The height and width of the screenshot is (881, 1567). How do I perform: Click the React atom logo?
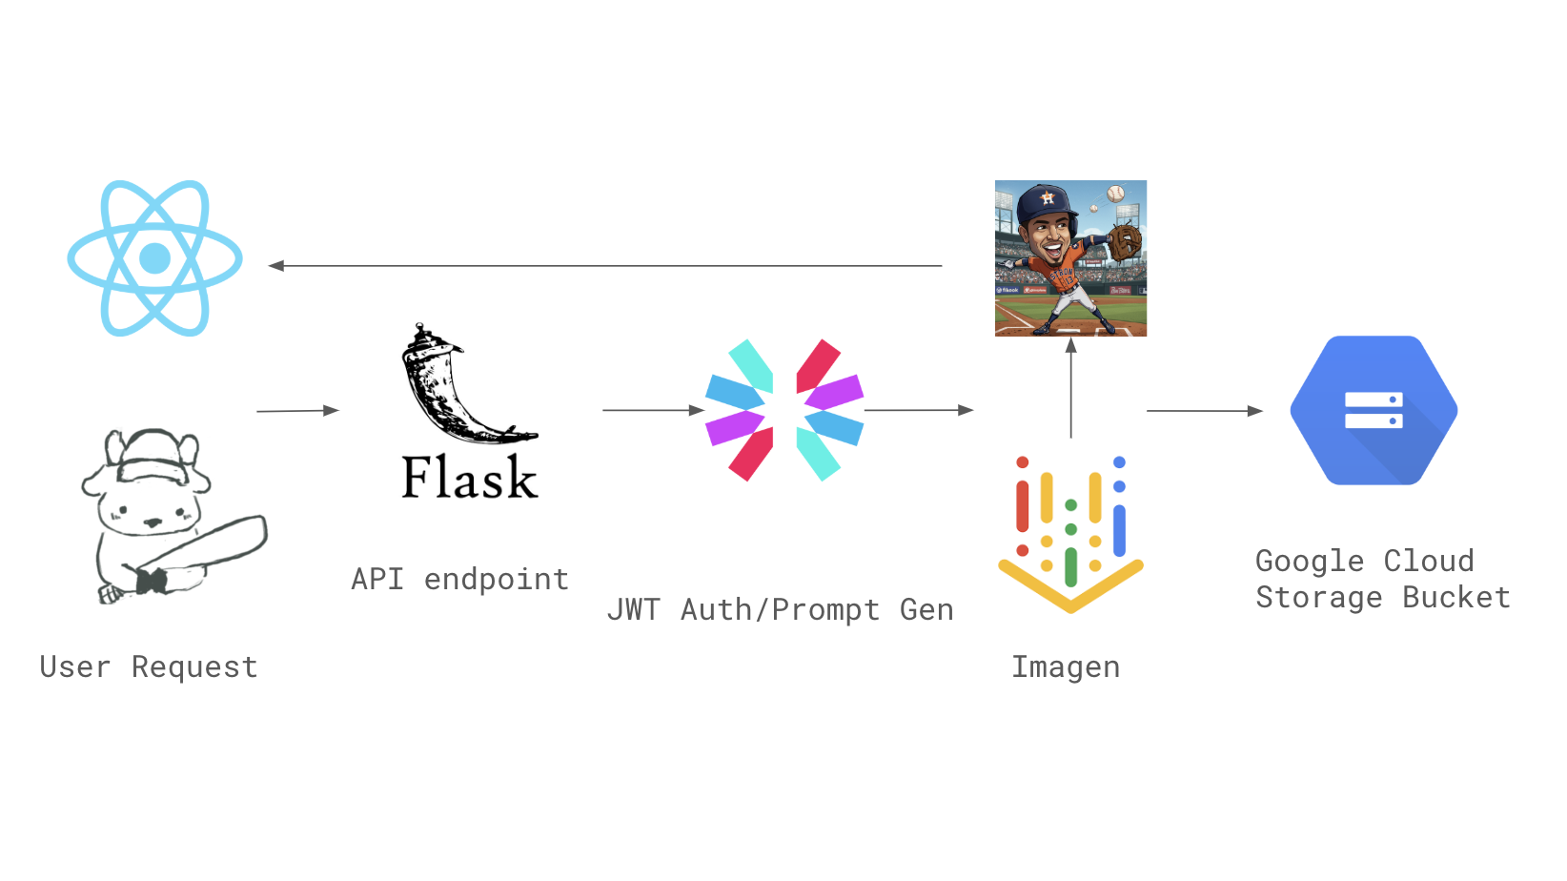[154, 258]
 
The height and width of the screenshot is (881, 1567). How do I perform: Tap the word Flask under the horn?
[469, 478]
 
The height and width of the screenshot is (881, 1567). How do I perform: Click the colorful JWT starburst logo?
[783, 410]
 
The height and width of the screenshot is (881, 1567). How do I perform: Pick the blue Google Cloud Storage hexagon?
[1374, 410]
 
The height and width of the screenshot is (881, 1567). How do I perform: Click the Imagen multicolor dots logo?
[1070, 534]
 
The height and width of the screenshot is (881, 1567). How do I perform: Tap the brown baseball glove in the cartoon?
[1125, 240]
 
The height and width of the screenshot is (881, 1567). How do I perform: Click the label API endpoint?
[459, 579]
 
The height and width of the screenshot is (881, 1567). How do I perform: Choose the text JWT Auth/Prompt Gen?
[780, 609]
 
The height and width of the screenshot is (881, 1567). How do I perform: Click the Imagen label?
[1066, 666]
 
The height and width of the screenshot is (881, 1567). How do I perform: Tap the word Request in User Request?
[194, 666]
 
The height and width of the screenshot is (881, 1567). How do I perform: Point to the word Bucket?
[1455, 598]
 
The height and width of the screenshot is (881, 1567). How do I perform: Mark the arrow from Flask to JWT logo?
[653, 410]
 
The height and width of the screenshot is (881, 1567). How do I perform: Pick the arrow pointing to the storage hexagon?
[1204, 411]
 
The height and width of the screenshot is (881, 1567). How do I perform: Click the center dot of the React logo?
[154, 258]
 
